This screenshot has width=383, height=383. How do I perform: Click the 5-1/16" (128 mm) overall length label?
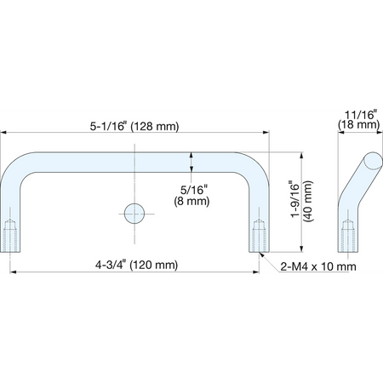134,126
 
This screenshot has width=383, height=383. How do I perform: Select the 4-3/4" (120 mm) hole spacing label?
136,265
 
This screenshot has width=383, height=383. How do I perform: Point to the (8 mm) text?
191,201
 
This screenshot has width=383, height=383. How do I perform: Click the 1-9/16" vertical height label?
295,199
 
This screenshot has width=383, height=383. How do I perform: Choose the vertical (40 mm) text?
308,201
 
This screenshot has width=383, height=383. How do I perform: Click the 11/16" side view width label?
361,115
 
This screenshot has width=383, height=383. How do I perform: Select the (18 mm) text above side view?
359,124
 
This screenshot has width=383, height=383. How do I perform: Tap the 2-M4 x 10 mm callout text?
318,266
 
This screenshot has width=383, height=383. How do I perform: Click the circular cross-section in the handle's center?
134,214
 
